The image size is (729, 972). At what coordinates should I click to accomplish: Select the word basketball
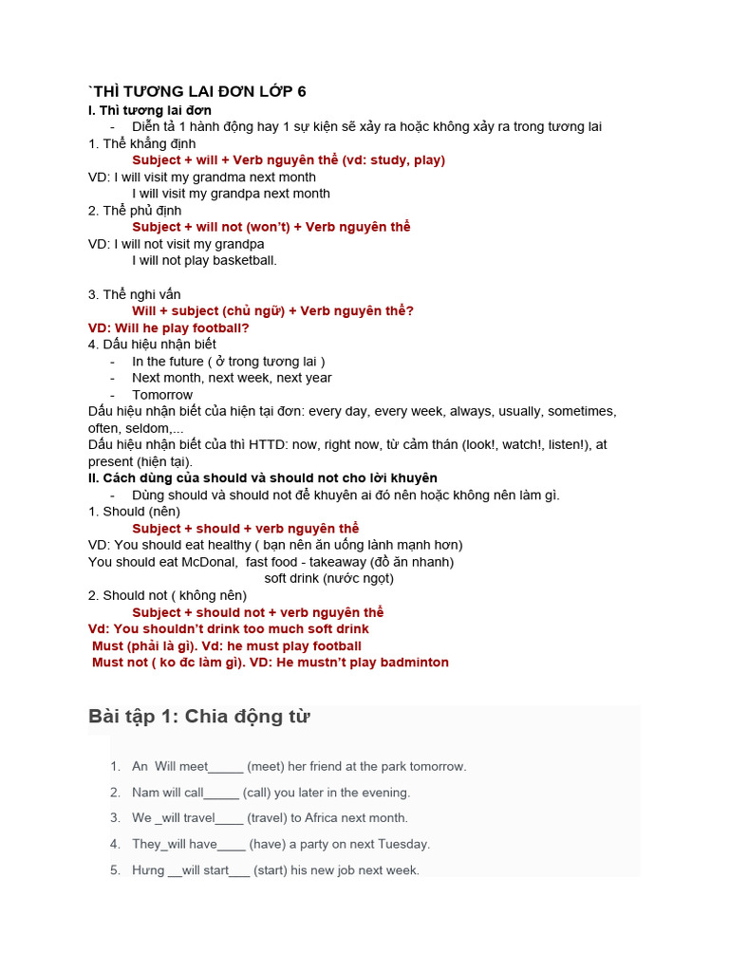click(x=244, y=260)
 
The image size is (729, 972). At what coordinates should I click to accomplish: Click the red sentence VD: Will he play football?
click(x=169, y=327)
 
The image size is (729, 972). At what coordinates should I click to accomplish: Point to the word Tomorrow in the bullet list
click(x=162, y=395)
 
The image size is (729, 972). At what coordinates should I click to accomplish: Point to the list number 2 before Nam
click(x=115, y=793)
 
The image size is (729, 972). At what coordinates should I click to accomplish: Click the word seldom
click(x=141, y=428)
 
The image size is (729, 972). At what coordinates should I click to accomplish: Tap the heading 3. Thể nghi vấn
click(x=135, y=294)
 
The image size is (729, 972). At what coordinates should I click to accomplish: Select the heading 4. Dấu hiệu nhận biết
click(x=152, y=344)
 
